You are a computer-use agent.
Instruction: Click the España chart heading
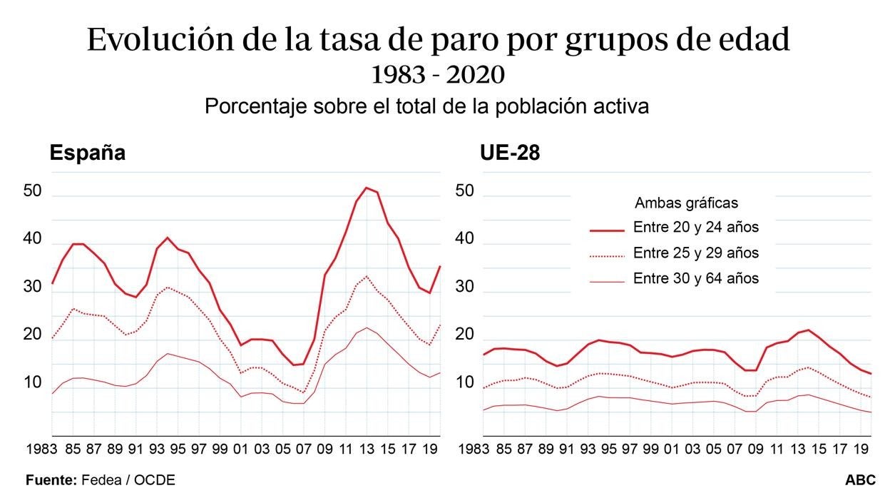click(87, 153)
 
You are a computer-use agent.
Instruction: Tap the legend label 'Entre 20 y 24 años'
click(695, 228)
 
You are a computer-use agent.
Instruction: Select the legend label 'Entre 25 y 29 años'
click(695, 253)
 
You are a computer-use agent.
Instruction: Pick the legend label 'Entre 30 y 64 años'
click(695, 279)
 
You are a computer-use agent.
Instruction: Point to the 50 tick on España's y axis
click(33, 191)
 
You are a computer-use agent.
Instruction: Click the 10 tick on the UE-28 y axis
click(464, 383)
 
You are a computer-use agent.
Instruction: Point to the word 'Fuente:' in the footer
click(51, 481)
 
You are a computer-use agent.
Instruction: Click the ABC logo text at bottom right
click(861, 481)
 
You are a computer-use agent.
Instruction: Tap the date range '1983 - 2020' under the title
click(438, 74)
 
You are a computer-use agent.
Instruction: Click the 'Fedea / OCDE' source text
click(128, 481)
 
